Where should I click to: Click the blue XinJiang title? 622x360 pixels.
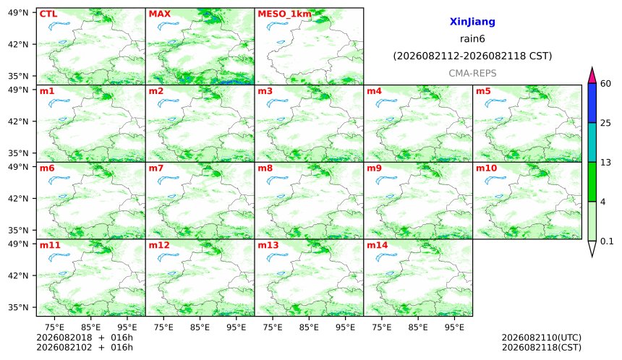[x=472, y=22]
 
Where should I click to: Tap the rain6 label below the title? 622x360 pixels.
[x=472, y=39]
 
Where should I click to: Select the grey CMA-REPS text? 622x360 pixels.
[x=472, y=73]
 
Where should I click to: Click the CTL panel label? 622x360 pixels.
[x=48, y=14]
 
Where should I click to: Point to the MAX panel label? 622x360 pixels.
[x=159, y=14]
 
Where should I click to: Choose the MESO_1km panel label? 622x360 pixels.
[x=284, y=14]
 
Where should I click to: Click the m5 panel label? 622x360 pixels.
[x=483, y=91]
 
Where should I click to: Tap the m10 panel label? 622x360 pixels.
[x=486, y=168]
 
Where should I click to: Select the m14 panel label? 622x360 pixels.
[x=377, y=245]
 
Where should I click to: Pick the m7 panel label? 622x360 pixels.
[x=156, y=168]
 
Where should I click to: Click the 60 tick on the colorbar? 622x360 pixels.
[x=605, y=84]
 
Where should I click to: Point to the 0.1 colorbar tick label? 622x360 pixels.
[x=607, y=241]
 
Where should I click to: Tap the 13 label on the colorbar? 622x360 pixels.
[x=605, y=162]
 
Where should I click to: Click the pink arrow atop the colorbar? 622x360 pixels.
[x=592, y=75]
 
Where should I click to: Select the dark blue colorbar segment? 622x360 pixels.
[x=592, y=103]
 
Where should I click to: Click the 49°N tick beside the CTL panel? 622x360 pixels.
[x=18, y=13]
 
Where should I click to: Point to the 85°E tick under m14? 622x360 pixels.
[x=418, y=327]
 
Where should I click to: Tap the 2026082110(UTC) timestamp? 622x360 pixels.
[x=542, y=338]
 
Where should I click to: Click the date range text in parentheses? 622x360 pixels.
[x=472, y=56]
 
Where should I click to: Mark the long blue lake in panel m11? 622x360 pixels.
[x=59, y=257]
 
